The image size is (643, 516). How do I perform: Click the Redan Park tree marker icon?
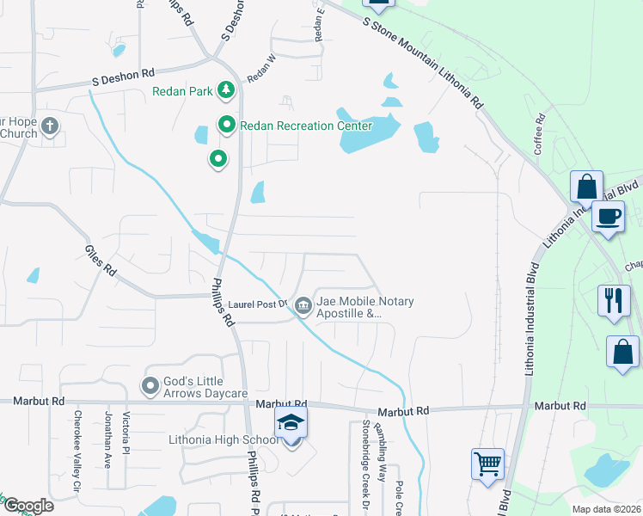point(225,89)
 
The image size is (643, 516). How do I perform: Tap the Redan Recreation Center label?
point(305,126)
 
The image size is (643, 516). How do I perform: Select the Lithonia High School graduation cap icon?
point(291,423)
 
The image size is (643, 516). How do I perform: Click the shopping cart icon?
point(487,464)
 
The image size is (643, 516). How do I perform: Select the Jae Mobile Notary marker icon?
point(303,305)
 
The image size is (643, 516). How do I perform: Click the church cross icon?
point(50,127)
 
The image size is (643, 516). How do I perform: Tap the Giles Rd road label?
point(101,260)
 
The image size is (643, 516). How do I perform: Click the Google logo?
point(28,506)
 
